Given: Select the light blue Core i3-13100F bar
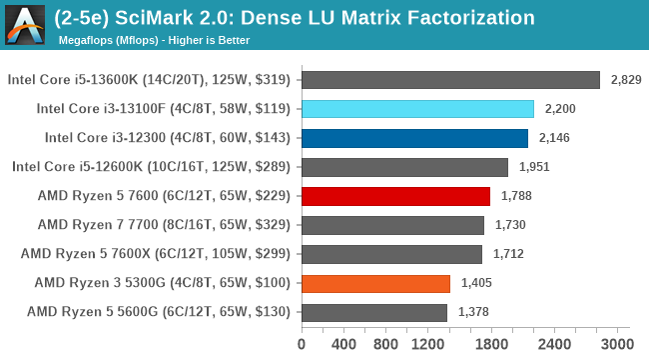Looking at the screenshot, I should click(416, 109).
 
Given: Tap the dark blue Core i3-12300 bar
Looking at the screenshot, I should click(413, 138).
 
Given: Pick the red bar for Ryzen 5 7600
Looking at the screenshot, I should click(394, 196).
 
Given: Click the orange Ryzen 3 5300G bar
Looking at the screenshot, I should click(374, 283).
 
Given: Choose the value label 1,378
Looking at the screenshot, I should click(474, 312).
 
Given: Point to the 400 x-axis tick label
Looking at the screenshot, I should click(343, 345).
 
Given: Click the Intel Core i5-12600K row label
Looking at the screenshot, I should click(151, 167).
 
